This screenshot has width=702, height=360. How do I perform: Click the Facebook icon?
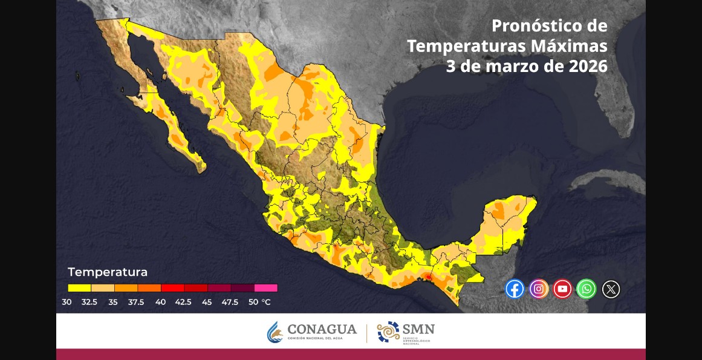515,289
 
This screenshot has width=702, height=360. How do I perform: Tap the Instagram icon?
539,289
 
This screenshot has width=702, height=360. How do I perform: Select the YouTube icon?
562,289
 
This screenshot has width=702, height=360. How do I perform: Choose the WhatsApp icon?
587,289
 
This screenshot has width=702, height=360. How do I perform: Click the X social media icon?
611,289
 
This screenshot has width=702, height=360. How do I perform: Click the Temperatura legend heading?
108,272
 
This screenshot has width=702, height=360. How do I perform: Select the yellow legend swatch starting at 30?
79,288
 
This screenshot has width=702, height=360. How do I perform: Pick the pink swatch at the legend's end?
266,288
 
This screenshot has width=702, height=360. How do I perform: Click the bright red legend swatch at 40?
172,288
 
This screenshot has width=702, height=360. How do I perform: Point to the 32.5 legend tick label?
89,302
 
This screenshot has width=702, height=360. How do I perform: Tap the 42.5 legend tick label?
183,302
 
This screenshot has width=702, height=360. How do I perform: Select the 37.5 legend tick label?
136,302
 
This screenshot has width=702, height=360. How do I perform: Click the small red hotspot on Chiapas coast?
428,277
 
